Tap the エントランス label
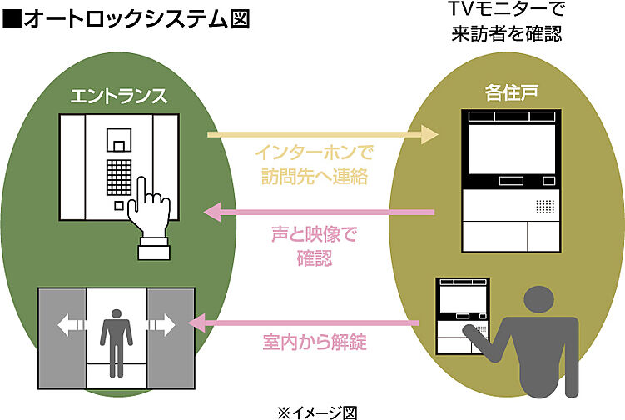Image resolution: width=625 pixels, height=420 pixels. click(117, 95)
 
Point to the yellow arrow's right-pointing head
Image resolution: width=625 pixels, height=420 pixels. click(429, 133)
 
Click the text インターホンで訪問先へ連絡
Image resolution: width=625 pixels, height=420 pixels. click(312, 164)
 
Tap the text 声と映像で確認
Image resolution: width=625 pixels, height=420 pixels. click(314, 247)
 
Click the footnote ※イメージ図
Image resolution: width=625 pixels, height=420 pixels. click(317, 412)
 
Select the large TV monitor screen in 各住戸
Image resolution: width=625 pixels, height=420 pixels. click(509, 149)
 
